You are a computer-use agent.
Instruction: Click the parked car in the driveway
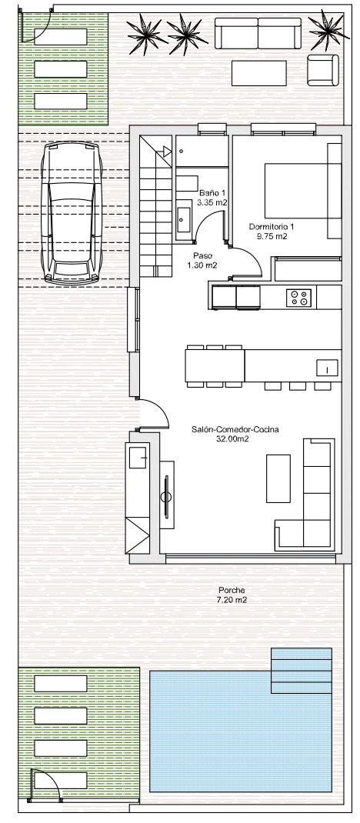pos(72,214)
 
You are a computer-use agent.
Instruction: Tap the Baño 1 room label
pos(212,198)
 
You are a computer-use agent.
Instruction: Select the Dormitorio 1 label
pos(272,232)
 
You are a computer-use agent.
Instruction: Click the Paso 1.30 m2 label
pos(202,260)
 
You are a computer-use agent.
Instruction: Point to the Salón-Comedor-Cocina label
pos(235,434)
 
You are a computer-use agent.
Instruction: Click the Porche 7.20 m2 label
pos(232,595)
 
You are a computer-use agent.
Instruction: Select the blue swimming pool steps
pos(302,671)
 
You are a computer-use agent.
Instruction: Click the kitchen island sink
pos(327,368)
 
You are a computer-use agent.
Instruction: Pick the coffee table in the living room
pos(278,478)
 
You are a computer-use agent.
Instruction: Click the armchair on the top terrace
pos(323,70)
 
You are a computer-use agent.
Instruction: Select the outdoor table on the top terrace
pos(259,73)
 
